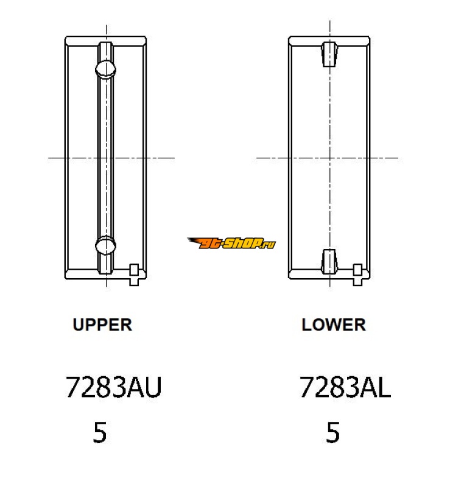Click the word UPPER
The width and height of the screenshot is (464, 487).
point(102,325)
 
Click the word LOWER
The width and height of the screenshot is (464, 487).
point(334,325)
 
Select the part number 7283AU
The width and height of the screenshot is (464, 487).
point(114,387)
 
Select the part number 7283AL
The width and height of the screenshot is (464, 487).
point(345,387)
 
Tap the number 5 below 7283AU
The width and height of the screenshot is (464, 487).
point(100,432)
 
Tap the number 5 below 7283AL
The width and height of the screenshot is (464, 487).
point(333,432)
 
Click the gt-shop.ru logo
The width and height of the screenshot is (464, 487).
point(231,243)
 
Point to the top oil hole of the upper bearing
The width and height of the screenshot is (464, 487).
point(105,69)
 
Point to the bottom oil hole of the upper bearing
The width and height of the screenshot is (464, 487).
point(105,246)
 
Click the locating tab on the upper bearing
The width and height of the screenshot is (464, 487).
point(134,275)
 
